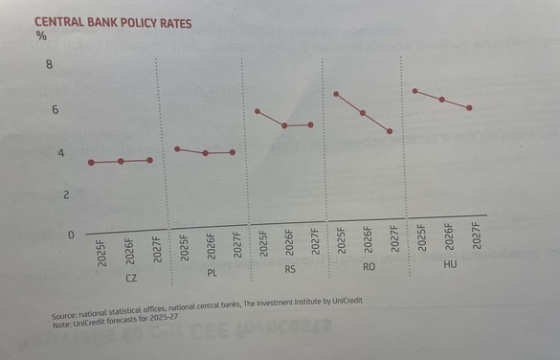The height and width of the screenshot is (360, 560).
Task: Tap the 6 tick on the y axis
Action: (x=55, y=110)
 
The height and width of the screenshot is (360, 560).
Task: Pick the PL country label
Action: (x=212, y=274)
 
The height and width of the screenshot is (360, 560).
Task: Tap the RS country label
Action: (x=290, y=270)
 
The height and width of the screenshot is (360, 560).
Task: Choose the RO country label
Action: (x=369, y=266)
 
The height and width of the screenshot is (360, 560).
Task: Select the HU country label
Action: (x=450, y=263)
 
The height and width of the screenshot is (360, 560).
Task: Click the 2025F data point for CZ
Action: (x=91, y=163)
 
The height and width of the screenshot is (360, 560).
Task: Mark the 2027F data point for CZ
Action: (x=150, y=160)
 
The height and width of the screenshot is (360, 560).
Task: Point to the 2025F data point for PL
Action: (x=177, y=149)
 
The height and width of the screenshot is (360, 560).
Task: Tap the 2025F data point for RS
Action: (x=258, y=111)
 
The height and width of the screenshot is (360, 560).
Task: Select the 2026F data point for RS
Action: (x=284, y=125)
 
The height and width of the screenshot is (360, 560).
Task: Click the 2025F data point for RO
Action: (x=336, y=94)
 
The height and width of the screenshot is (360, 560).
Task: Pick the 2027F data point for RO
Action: (x=390, y=131)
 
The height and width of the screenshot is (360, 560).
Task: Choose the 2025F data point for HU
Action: (x=414, y=91)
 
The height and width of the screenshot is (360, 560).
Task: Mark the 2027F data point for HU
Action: (x=469, y=108)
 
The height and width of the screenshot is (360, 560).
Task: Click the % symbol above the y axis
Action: (x=41, y=36)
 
